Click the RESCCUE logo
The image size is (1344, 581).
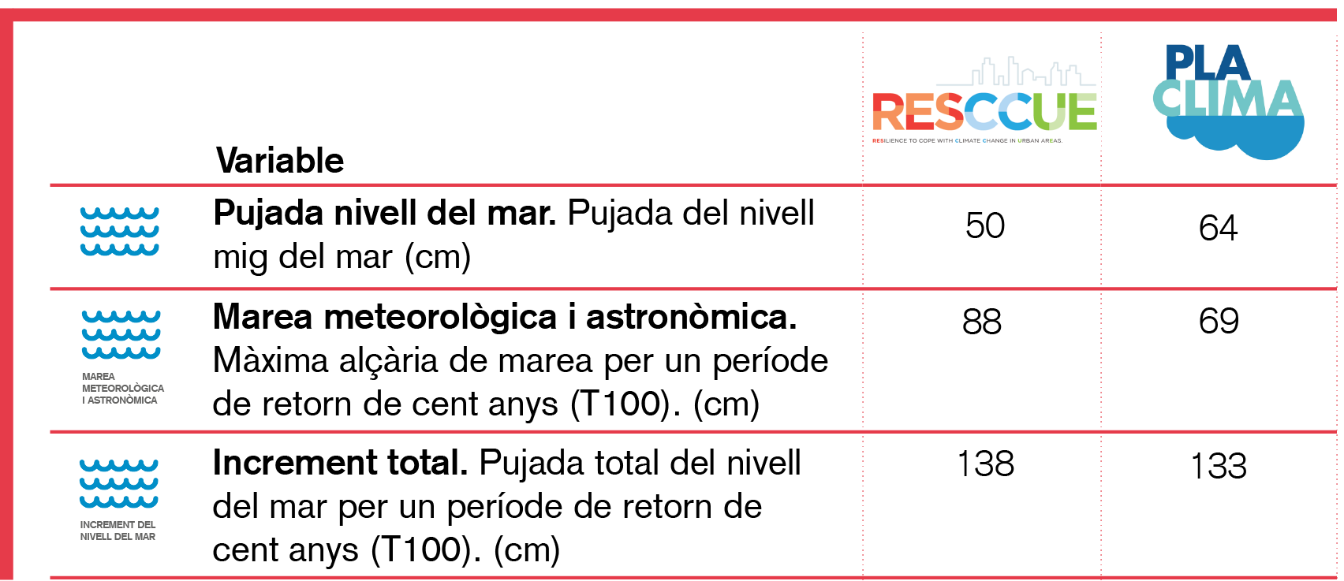pos(984,101)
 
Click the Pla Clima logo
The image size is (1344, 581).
pos(1228,102)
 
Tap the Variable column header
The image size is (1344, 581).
pos(279,161)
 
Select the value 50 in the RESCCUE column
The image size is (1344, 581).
pos(984,226)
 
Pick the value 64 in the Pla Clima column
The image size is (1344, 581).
pos(1218,229)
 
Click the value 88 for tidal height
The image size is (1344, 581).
pos(982,322)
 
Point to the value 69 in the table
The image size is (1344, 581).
pos(1219,321)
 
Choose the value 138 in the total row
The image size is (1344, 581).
pos(985,464)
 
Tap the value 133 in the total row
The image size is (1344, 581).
pos(1218,467)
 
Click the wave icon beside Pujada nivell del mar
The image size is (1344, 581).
pos(119,232)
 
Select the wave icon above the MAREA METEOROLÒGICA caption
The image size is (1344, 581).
pos(121,334)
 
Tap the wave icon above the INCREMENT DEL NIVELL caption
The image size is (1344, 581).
pos(119,483)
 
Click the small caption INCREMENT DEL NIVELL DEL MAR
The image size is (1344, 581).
pos(118,531)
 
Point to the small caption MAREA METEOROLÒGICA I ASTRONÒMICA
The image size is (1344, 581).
pos(123,389)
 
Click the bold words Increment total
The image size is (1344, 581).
pos(340,463)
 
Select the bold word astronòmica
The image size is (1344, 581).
pos(691,317)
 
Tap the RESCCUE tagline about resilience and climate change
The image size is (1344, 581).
pos(967,141)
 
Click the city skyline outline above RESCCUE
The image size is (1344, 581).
pos(1017,72)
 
